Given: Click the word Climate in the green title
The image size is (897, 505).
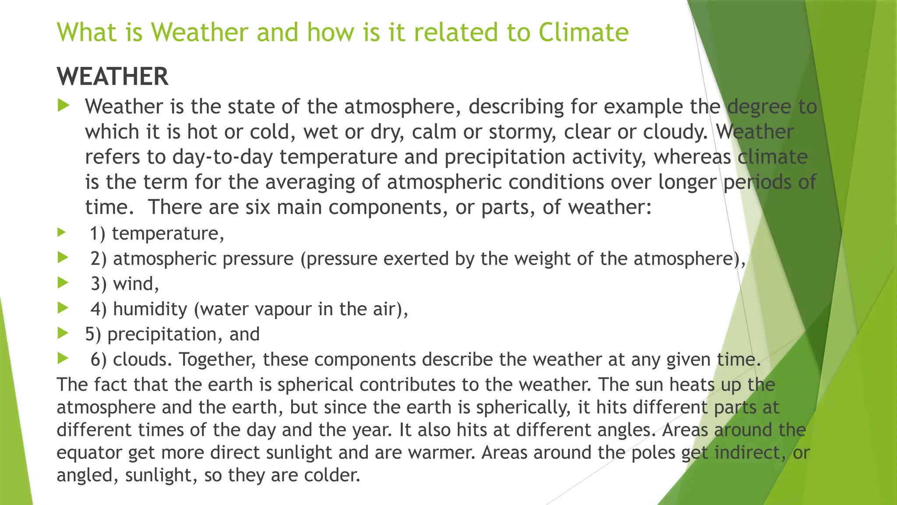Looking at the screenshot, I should point(583,32).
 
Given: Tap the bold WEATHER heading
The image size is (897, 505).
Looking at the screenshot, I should point(113,77).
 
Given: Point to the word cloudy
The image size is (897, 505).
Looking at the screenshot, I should point(675,132).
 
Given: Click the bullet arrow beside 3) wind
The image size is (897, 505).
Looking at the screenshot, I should point(63,283).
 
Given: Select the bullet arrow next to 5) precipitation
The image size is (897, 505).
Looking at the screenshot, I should point(63,334).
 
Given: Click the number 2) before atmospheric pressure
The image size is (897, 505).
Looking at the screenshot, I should point(99,259).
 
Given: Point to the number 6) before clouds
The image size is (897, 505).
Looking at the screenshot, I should point(99,359).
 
